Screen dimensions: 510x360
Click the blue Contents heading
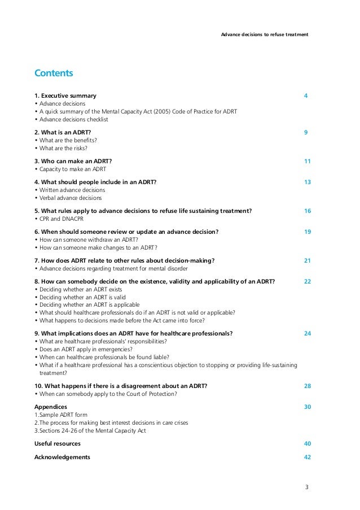point(54,73)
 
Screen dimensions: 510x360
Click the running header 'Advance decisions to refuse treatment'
point(264,34)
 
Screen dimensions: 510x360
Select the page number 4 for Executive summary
point(305,95)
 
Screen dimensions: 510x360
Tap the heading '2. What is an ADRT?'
point(63,132)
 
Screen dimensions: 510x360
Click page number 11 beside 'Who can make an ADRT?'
point(307,161)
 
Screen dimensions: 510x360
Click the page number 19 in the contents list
point(307,232)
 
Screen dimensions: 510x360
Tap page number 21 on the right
point(307,260)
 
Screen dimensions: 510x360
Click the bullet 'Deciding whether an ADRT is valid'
point(82,297)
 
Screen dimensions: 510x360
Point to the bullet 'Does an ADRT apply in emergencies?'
point(86,349)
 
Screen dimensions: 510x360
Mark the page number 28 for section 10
point(307,386)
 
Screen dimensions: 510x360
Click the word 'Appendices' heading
point(51,407)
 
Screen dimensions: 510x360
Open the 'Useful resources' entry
point(58,443)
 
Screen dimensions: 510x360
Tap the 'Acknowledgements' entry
point(62,457)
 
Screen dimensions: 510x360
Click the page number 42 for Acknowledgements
point(307,457)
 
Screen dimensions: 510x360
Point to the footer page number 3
point(307,487)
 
